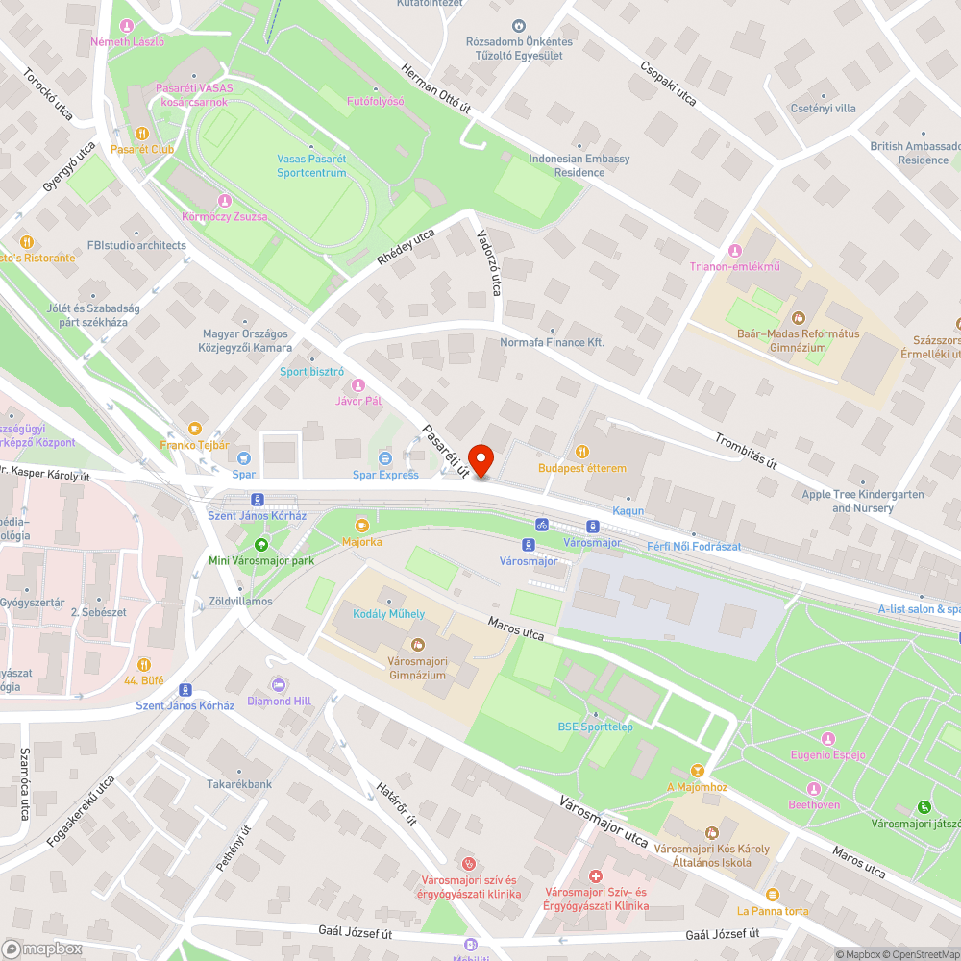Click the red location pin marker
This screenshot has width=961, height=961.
(x=480, y=459)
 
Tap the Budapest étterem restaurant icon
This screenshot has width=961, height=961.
(x=581, y=451)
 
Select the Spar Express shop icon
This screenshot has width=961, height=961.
(x=385, y=457)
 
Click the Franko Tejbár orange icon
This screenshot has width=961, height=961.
(x=195, y=428)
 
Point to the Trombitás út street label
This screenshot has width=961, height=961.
(x=745, y=449)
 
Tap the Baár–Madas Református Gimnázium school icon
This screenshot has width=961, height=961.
(x=798, y=317)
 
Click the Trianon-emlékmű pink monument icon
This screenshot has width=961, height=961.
(x=736, y=250)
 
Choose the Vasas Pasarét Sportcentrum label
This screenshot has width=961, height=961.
(x=311, y=165)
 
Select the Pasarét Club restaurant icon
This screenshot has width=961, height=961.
(x=141, y=134)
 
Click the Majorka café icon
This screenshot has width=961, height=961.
(x=362, y=525)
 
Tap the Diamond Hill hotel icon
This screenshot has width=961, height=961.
(x=279, y=684)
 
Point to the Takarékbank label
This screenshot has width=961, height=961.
(x=239, y=784)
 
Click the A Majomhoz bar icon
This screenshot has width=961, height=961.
(x=698, y=771)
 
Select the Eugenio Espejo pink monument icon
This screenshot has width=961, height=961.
(x=828, y=738)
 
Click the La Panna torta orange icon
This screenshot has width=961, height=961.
(x=773, y=894)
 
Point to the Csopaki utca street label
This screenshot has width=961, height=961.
(x=667, y=84)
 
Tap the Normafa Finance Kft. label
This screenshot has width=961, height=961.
(x=552, y=342)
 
